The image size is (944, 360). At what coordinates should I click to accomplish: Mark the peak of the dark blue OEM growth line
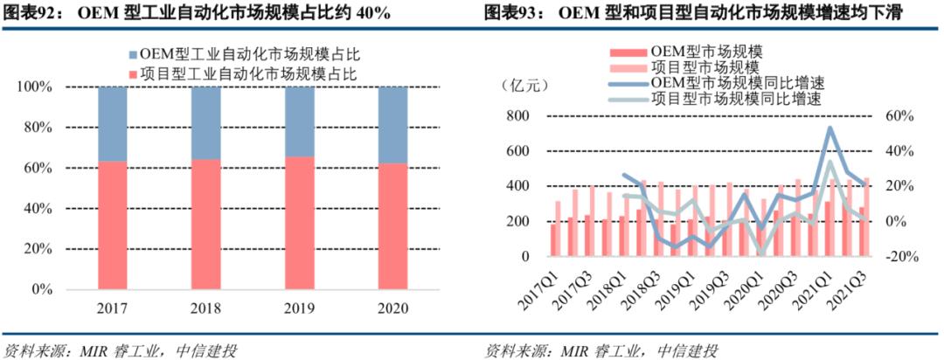pos(829,128)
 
